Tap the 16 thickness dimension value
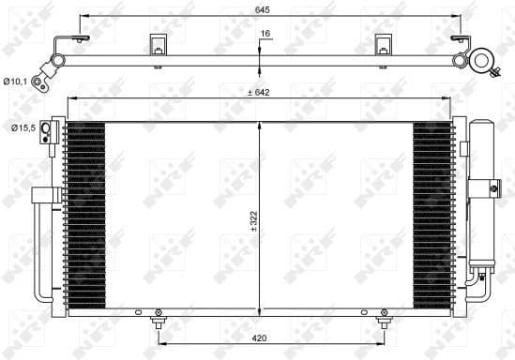(265, 34)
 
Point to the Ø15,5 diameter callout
(22, 127)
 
